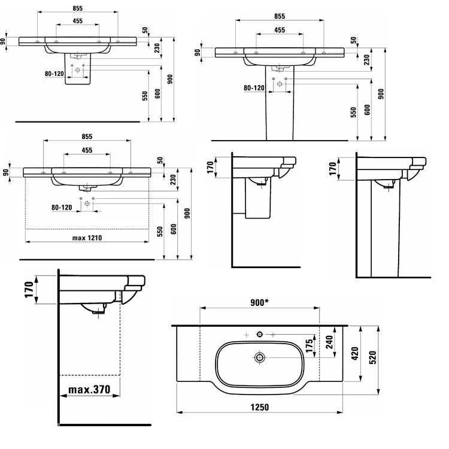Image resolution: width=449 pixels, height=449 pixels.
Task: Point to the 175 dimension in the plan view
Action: point(310,347)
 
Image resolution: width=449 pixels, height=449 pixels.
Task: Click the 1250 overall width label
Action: point(259,407)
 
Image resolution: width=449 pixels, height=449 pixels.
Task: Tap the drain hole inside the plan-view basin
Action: point(260,358)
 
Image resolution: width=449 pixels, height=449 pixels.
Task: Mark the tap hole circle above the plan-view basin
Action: point(260,333)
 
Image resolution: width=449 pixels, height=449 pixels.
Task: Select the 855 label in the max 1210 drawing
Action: point(87,136)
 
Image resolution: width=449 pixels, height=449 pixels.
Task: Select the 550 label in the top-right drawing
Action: point(353,112)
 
